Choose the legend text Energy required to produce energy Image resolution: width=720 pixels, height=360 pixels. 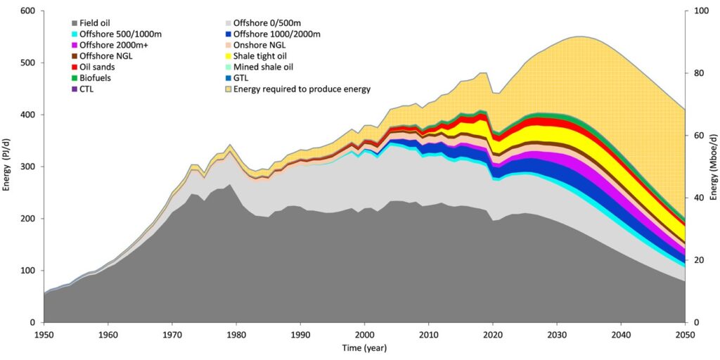click(x=302, y=89)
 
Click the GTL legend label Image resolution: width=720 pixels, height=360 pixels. click(x=242, y=77)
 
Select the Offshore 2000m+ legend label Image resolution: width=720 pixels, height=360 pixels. click(x=108, y=45)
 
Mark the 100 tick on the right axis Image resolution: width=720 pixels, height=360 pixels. click(x=700, y=11)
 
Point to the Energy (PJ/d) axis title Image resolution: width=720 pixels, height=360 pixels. click(x=8, y=167)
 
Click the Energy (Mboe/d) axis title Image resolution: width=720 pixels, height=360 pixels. click(x=713, y=167)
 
